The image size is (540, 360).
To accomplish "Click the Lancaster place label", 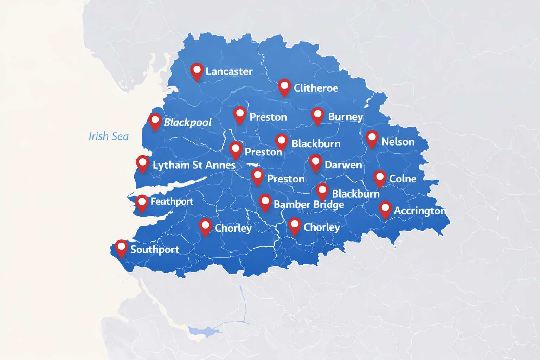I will [x=229, y=71].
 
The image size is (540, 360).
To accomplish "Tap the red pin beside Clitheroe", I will [x=284, y=87].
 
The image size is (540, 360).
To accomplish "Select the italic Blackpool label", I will [x=187, y=122].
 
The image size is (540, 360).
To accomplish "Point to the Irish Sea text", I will [x=109, y=136].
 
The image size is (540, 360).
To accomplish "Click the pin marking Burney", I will [x=317, y=115].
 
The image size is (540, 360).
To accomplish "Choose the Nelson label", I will [x=398, y=142].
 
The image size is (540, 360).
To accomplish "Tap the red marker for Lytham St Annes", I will [x=142, y=163].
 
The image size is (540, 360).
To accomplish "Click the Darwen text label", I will [x=343, y=165].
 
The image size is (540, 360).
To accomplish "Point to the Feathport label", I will [x=172, y=201].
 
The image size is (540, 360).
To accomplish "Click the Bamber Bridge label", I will [x=309, y=205].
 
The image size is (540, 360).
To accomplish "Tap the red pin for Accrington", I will [x=385, y=209].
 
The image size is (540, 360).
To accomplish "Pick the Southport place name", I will [x=155, y=250].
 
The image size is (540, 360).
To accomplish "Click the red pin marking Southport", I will [x=121, y=248].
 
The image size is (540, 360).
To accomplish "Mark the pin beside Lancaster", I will [x=197, y=71].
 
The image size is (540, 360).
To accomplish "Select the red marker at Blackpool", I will [x=155, y=121].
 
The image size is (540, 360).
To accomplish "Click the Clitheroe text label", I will [x=316, y=88].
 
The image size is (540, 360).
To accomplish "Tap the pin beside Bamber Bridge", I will [x=265, y=202].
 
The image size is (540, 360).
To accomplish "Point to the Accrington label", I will [x=419, y=211].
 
